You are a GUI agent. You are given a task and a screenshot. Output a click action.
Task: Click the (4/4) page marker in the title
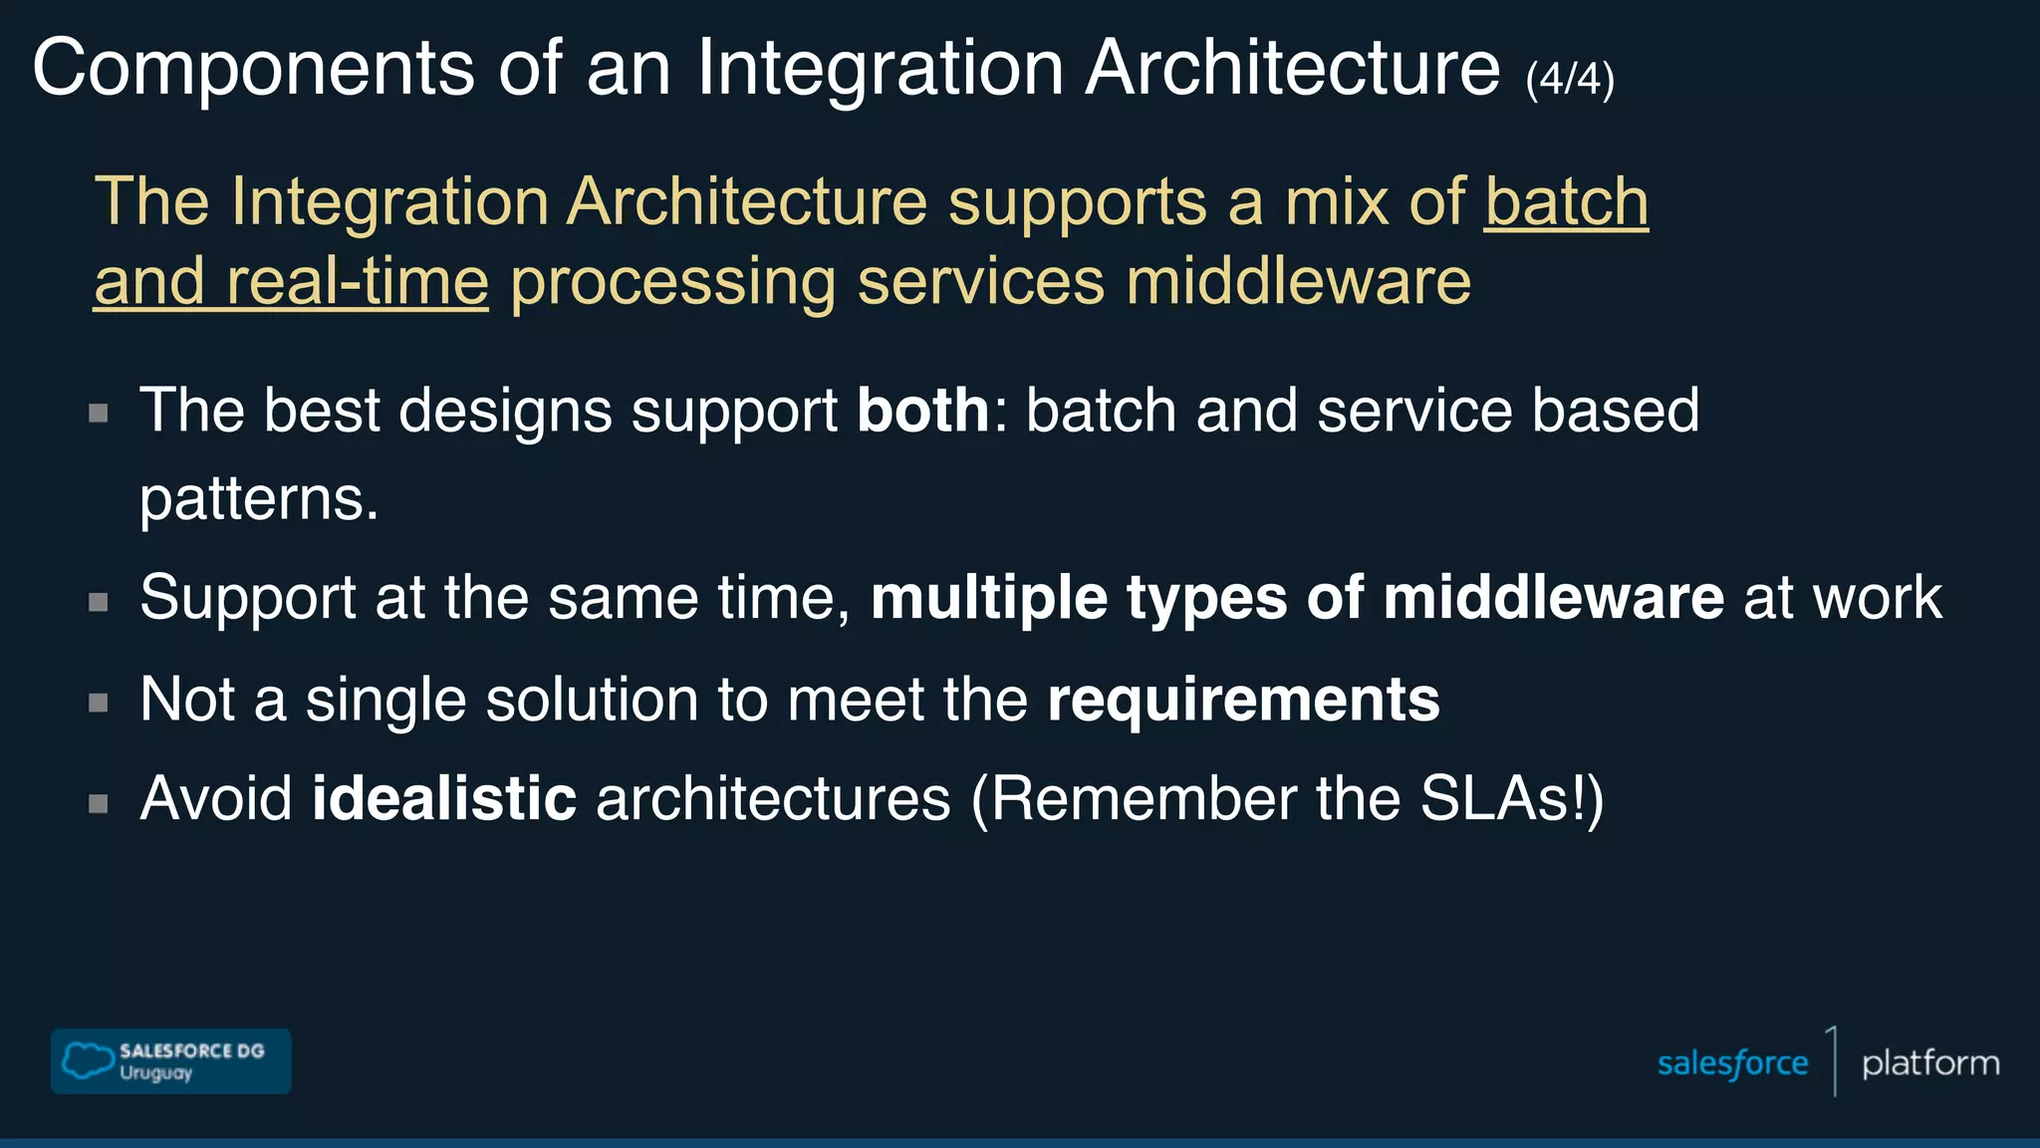1569,79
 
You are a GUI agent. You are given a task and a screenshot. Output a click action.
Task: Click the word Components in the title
254,68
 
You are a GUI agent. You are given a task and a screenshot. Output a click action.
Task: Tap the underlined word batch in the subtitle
1566,202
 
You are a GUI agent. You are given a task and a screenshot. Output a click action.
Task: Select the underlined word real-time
358,282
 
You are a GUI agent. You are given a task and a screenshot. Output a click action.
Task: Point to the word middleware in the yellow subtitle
1298,282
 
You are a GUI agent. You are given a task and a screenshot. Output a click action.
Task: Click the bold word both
922,411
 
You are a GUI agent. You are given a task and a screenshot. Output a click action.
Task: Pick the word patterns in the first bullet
259,498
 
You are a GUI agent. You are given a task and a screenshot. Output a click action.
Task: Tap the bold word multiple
988,598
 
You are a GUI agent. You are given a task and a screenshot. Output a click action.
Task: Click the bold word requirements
1243,700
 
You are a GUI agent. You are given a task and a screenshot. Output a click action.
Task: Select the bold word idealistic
444,799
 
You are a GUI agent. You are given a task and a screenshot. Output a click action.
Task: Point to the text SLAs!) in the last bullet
1512,799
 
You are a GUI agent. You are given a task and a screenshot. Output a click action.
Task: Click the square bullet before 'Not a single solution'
99,703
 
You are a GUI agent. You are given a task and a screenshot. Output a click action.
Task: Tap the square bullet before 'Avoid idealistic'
99,803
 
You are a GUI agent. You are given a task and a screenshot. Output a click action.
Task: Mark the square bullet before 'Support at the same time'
99,602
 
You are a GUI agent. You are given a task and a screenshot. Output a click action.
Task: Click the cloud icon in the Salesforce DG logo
88,1060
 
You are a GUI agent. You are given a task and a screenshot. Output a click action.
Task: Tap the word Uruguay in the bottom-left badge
155,1073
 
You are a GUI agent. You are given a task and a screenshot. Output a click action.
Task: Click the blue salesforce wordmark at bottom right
1732,1063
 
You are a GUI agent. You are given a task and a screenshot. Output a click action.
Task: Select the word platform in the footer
1930,1063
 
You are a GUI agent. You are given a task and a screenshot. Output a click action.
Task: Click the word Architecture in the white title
1292,68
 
